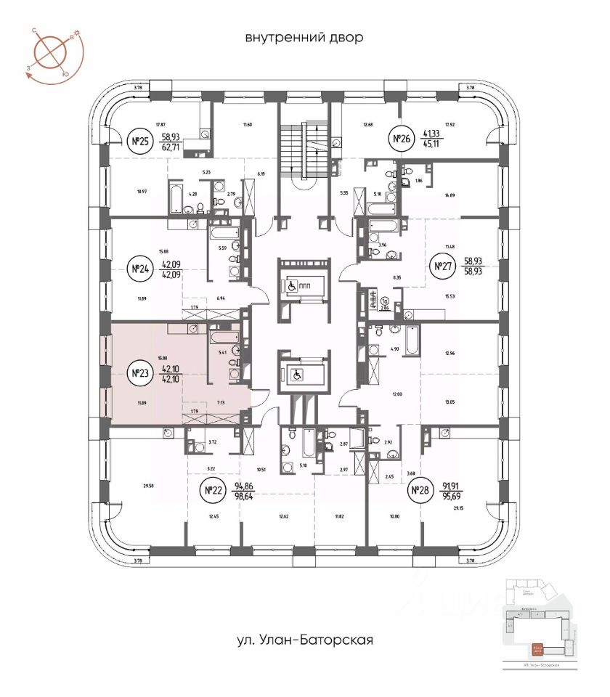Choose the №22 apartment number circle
(x=213, y=491)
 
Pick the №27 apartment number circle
(x=439, y=266)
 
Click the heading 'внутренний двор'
(x=304, y=37)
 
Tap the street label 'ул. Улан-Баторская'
(x=304, y=640)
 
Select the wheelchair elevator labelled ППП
(x=301, y=285)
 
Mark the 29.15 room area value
(x=458, y=508)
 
